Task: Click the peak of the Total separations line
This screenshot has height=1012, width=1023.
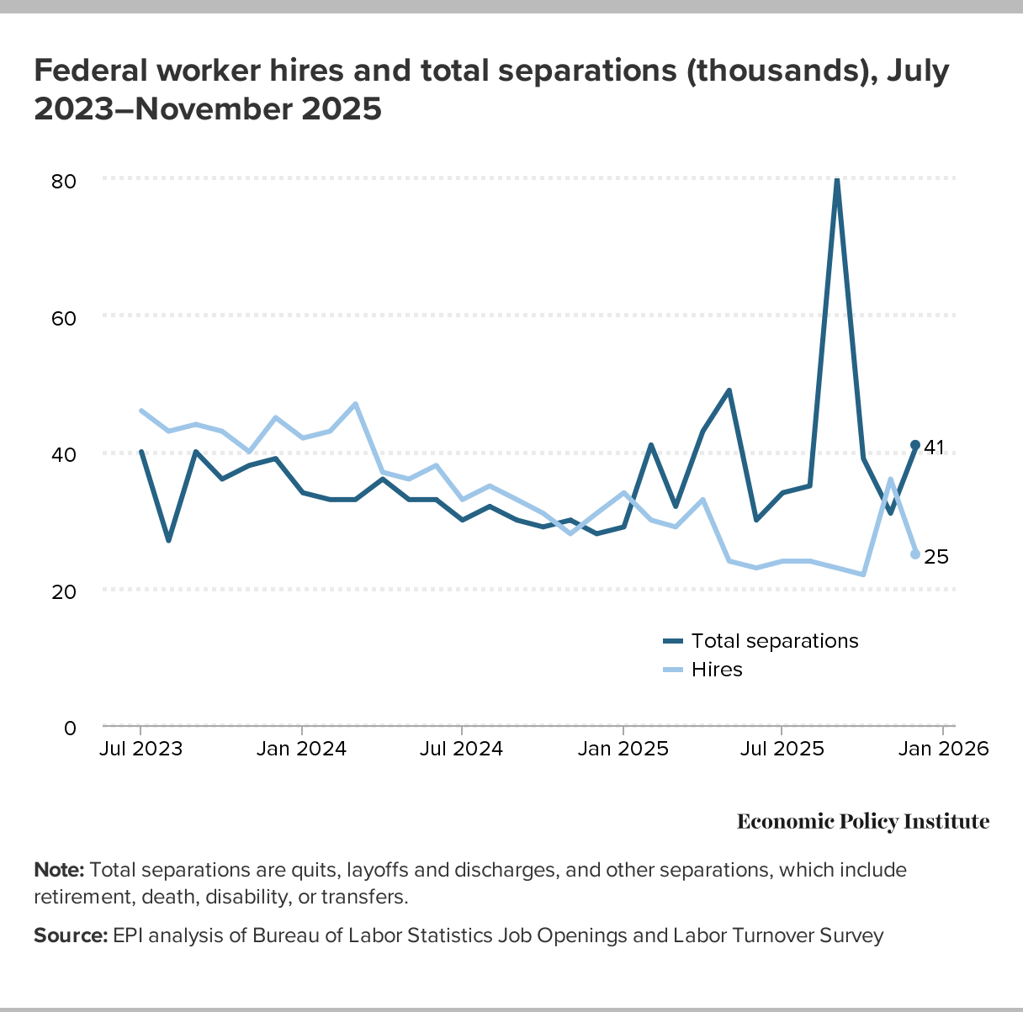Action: coord(836,180)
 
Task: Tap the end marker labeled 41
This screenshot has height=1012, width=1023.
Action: coord(915,445)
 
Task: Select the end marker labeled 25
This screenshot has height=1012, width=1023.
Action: coord(915,554)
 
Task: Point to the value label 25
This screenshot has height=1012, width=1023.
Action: coord(936,557)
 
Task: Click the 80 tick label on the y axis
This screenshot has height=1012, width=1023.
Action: coord(65,182)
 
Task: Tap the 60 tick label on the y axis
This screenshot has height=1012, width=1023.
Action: coord(65,319)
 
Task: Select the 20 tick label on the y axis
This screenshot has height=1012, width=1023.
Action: coord(65,591)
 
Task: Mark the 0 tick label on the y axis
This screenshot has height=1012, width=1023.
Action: coord(70,728)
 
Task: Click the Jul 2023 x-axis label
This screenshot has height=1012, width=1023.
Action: coord(140,749)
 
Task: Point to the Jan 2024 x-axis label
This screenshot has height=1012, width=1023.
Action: coord(301,749)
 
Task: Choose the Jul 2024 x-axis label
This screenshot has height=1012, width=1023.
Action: coord(462,749)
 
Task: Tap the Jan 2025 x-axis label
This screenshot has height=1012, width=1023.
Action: coord(623,749)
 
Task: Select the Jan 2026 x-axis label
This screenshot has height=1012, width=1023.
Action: coord(943,749)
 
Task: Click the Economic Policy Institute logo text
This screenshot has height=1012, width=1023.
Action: coord(863,822)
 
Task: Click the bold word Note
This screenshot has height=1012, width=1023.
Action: coord(59,870)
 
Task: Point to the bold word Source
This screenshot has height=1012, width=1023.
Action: coord(71,935)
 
